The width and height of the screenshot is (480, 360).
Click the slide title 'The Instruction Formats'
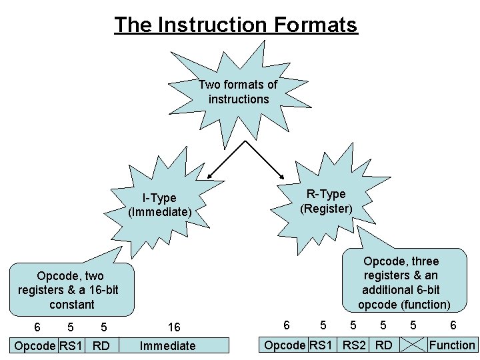click(236, 25)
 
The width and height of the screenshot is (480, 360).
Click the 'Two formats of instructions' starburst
click(238, 92)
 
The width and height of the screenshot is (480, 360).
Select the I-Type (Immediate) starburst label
click(160, 205)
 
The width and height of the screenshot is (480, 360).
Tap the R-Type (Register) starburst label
click(326, 201)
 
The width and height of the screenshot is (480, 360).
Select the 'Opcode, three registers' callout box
click(404, 283)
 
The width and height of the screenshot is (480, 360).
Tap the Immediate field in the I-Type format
click(167, 345)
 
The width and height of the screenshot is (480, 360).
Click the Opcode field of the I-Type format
click(35, 345)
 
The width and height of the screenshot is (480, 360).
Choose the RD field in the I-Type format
click(101, 345)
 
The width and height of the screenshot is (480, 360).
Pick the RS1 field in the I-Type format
click(71, 345)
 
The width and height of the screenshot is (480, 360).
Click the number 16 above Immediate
click(173, 327)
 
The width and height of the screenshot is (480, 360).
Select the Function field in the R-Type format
click(452, 345)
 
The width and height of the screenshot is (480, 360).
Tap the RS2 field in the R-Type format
click(354, 345)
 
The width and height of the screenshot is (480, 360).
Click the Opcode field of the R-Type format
click(285, 345)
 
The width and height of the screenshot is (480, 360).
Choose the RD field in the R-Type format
click(383, 345)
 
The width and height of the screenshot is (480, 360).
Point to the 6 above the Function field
click(453, 325)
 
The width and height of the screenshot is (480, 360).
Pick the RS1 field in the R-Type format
click(322, 345)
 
